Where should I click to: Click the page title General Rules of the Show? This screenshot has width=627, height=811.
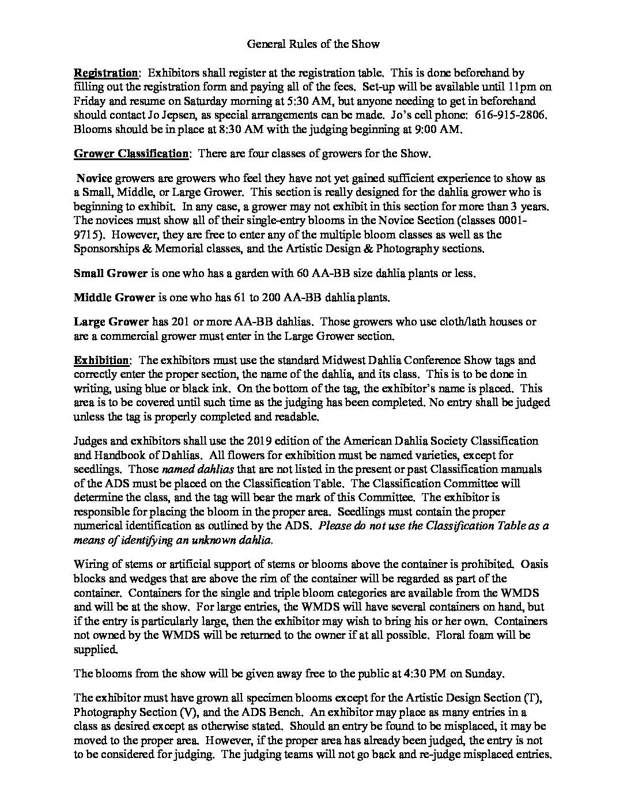(x=313, y=44)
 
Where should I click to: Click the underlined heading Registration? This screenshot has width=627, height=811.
(x=106, y=73)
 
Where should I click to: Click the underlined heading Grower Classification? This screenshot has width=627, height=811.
(x=131, y=154)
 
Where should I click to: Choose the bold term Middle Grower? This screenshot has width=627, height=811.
(x=114, y=298)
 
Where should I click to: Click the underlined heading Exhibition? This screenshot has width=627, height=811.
(x=101, y=361)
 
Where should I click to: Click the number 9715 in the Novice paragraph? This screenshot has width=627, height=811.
(x=87, y=234)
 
